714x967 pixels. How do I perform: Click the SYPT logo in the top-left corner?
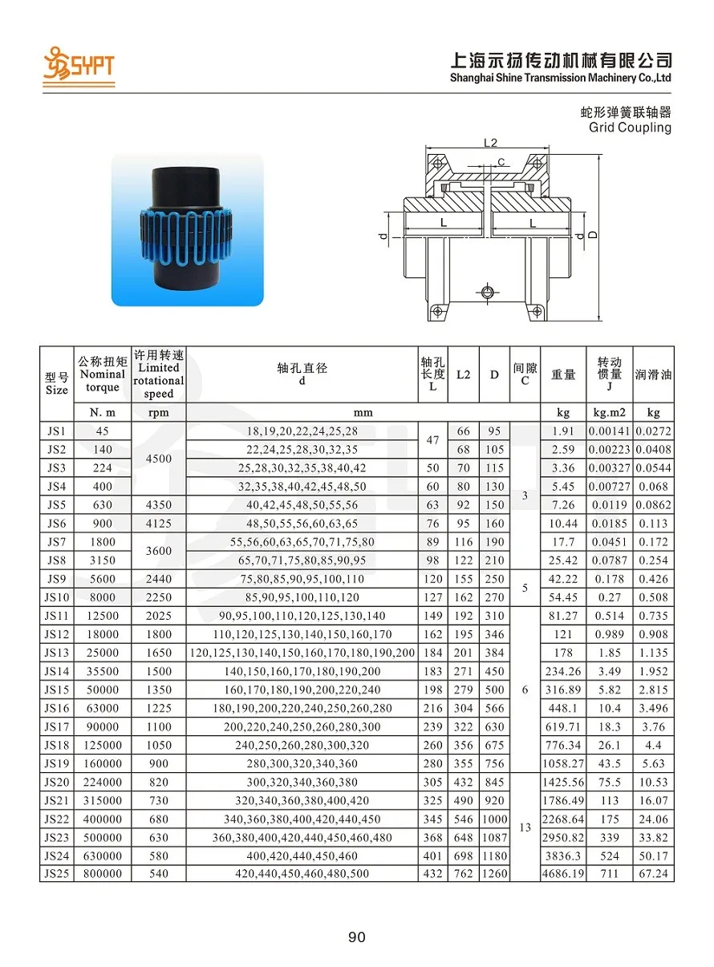[79, 64]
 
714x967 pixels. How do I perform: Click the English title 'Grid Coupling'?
[630, 127]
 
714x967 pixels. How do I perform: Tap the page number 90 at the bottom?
[357, 937]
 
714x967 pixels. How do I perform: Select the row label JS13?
[56, 653]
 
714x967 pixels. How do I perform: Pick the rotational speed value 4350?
[159, 505]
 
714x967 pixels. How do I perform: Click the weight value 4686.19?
[563, 873]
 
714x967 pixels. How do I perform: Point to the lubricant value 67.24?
[653, 873]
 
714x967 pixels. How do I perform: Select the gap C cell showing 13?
[525, 827]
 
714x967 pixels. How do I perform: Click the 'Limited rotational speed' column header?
[159, 374]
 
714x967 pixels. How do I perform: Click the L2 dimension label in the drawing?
[491, 143]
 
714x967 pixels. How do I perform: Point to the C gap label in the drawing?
[501, 162]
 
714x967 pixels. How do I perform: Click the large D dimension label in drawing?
[592, 235]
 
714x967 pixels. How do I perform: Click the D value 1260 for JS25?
[494, 873]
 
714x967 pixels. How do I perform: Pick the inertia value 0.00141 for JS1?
[610, 431]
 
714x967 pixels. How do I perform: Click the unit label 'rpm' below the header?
[159, 412]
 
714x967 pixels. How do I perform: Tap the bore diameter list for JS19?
[302, 764]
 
